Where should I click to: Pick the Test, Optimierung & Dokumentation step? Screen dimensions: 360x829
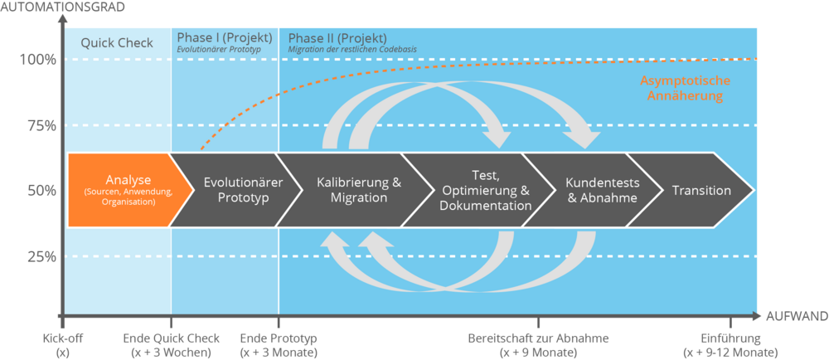tap(485, 190)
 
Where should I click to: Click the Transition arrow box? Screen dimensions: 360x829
tap(701, 190)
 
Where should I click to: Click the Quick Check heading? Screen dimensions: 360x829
tap(116, 42)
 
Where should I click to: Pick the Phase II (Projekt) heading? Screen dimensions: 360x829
tap(337, 38)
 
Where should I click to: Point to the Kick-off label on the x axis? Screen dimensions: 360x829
tap(63, 345)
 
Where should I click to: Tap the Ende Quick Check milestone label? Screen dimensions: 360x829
tap(172, 345)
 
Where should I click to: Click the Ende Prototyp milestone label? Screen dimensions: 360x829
tap(279, 345)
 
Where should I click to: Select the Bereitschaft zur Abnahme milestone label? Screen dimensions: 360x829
tap(539, 345)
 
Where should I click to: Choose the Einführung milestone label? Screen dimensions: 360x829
tap(730, 345)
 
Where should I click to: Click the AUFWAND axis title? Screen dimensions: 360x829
tap(796, 316)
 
